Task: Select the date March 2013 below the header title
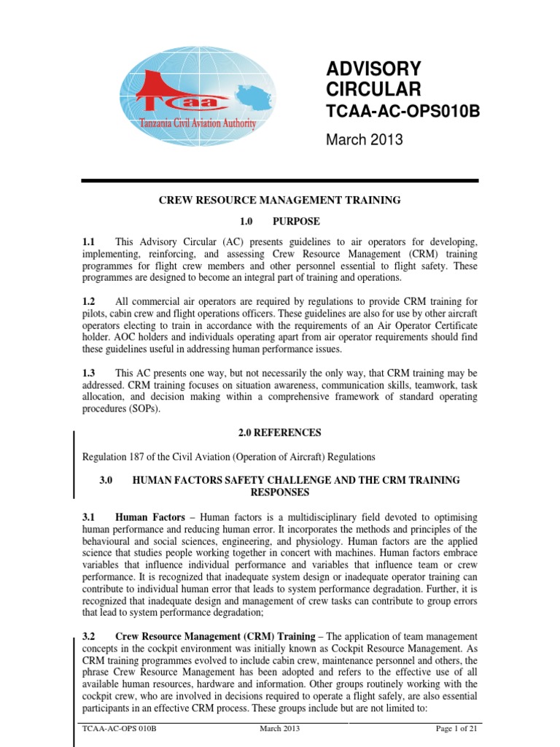coord(363,140)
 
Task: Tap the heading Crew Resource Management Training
coord(280,200)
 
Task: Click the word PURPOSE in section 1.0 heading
coord(295,221)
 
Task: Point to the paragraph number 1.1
coord(90,241)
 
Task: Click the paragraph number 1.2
coord(90,301)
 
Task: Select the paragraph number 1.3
coord(90,373)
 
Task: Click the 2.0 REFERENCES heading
coord(280,433)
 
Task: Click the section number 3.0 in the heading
coord(107,480)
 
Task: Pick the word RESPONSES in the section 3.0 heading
coord(280,492)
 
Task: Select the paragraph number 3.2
coord(90,637)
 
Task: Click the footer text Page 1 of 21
coord(454,729)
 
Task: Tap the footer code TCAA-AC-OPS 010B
coord(119,729)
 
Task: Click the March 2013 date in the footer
coord(279,729)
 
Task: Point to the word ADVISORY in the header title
coord(373,69)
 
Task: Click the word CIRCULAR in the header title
coord(373,90)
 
